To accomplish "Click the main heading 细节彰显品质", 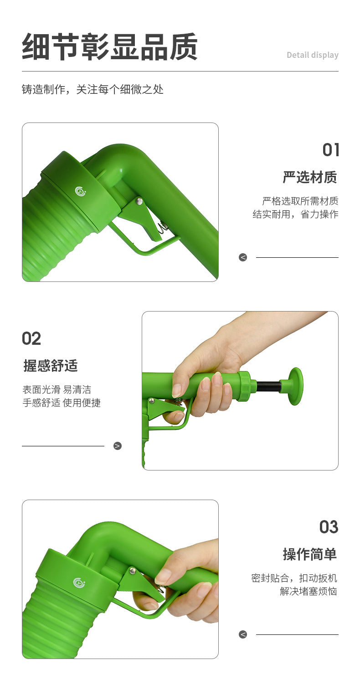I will pos(109,47).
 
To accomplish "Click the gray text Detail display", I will pos(312,55).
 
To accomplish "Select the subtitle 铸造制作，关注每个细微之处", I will pos(93,89).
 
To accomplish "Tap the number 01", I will pos(331,150).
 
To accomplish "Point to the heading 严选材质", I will pos(310,177).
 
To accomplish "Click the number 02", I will pos(31,338).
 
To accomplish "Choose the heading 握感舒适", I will pos(51,366).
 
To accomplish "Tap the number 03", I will pos(329,527).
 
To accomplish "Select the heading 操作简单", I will pos(310,554).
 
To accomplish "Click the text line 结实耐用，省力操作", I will pos(295,214).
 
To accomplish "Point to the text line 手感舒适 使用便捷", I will pos(62,403).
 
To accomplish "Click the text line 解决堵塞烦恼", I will pos(308,592).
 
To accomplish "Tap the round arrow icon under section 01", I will pos(243,257).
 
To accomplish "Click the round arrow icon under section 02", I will pos(118,446).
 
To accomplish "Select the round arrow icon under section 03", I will pos(243,634).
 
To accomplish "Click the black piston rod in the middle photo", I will pos(268,387).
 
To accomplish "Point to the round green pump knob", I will pos(294,386).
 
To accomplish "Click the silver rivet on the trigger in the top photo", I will pos(139,201).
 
